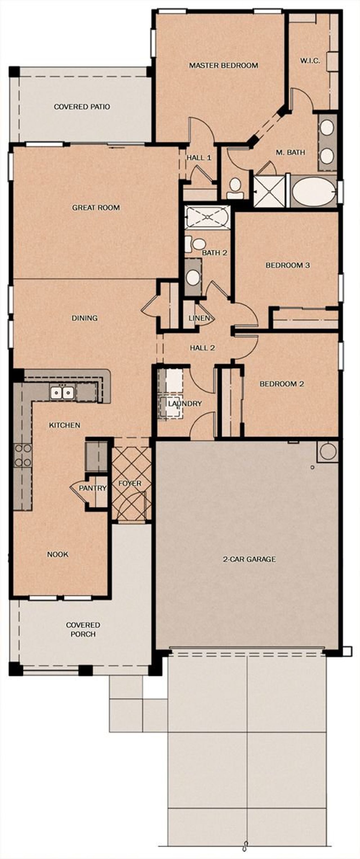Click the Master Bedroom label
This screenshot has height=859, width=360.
223,65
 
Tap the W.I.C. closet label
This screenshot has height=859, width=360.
310,61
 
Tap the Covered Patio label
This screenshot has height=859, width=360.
82,107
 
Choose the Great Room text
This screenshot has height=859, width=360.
96,207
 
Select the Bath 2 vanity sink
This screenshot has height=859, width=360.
193,277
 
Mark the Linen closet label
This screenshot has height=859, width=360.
199,318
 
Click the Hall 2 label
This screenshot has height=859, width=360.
202,348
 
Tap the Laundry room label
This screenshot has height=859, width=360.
185,404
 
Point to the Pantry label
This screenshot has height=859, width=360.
92,488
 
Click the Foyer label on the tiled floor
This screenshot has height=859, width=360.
130,483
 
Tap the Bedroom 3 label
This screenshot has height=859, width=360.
288,265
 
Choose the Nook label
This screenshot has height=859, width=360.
58,554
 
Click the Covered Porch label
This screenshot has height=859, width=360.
83,629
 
